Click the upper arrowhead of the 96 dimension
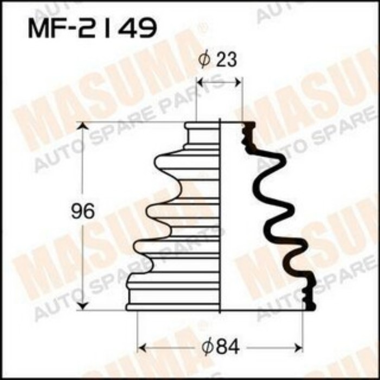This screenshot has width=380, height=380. click(83, 126)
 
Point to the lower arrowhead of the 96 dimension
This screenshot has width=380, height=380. click(83, 306)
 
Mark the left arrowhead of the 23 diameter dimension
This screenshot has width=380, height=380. click(199, 83)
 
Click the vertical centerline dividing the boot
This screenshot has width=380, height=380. click(219, 217)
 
